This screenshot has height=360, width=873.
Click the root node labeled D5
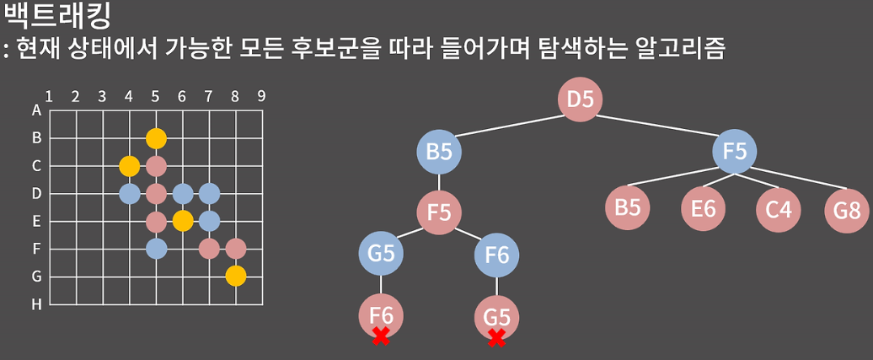point(580,99)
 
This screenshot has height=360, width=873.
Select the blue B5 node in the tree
point(438,153)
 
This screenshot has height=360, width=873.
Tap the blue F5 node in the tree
point(734,153)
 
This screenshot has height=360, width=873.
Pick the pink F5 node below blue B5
point(438,210)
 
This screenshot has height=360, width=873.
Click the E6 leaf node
point(702,207)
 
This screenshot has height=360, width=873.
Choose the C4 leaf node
point(778,208)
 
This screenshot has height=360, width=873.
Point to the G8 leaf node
point(847,208)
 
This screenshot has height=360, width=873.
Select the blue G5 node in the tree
point(381,254)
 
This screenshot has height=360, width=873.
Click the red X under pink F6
point(381,336)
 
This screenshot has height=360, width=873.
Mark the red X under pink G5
point(497,338)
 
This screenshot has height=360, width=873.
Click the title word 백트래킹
point(57,15)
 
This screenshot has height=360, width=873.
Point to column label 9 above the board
point(262,95)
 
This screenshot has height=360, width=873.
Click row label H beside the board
point(36,304)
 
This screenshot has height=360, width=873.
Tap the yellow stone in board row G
point(236,276)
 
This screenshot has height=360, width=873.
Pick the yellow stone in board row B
point(156,137)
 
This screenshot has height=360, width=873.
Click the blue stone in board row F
point(156,249)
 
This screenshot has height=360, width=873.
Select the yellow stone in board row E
point(183,221)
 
